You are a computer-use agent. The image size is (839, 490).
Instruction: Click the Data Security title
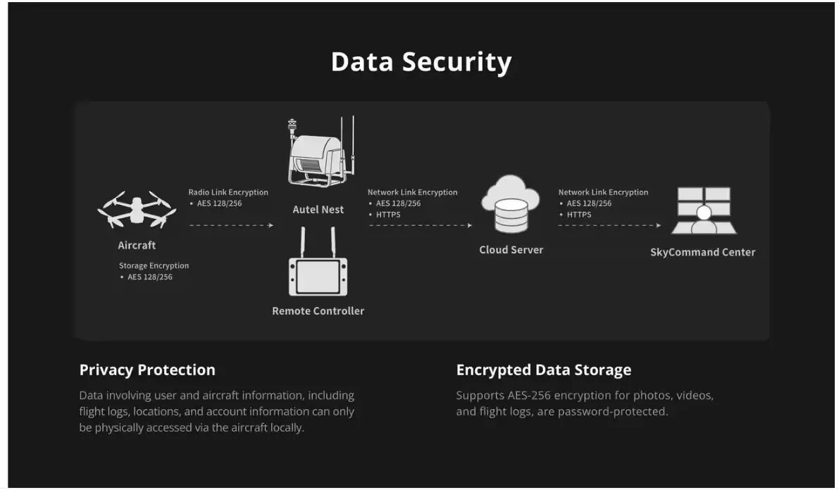421,62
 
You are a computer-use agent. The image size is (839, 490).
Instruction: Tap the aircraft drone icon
137,209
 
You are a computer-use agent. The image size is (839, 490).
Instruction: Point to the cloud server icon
511,203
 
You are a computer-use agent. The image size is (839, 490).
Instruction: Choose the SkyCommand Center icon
704,211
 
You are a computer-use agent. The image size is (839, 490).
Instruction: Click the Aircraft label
137,246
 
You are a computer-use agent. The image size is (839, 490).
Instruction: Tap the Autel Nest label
318,210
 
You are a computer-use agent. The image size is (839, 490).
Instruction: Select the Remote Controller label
318,310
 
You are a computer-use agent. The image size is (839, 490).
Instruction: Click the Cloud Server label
511,250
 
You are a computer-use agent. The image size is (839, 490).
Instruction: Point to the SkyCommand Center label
702,252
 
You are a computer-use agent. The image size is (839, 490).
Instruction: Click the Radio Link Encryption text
228,192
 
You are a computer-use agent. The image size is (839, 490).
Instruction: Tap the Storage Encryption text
154,265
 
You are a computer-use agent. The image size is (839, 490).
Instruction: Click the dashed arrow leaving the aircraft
231,225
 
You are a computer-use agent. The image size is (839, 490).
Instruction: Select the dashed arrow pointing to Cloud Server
421,225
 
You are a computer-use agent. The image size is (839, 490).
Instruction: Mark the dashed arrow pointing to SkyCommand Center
609,225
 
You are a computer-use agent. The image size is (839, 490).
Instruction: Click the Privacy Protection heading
147,370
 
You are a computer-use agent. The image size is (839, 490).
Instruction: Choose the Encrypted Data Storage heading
544,370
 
